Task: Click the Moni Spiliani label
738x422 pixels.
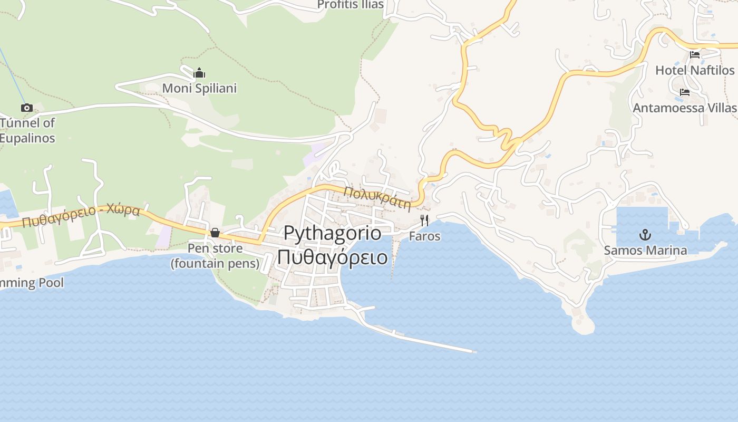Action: (x=199, y=88)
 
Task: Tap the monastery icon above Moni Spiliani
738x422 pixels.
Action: (x=199, y=73)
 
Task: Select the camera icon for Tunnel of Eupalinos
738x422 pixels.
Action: (x=26, y=108)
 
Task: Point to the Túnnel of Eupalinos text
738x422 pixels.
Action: (x=27, y=130)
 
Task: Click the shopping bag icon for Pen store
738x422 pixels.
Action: (x=215, y=233)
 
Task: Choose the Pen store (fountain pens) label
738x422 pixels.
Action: (x=215, y=256)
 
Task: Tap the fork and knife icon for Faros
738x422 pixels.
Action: (x=424, y=220)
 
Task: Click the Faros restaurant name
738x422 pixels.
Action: (x=424, y=236)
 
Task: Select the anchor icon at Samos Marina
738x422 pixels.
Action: (x=645, y=235)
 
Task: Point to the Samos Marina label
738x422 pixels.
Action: (x=645, y=250)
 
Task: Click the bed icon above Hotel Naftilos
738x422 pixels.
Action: (x=695, y=54)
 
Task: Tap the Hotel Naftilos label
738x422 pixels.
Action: (x=695, y=70)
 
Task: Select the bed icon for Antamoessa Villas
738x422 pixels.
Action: (x=685, y=92)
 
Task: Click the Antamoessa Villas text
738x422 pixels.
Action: (x=684, y=108)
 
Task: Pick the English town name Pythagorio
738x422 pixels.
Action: (x=333, y=233)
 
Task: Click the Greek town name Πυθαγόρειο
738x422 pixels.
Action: (x=333, y=257)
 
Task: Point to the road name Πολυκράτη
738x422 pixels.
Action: (x=377, y=198)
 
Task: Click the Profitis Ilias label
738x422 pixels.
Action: (x=350, y=5)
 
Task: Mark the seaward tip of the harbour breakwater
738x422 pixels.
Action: (x=475, y=351)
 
